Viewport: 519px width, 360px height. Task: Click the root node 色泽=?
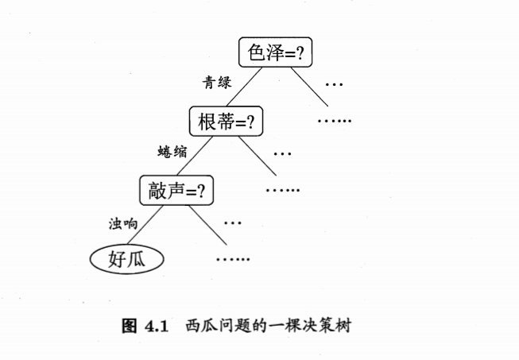(x=275, y=52)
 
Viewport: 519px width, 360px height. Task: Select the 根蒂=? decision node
(x=226, y=122)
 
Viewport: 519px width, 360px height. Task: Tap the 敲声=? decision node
(x=176, y=191)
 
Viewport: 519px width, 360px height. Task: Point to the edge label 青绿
(x=216, y=82)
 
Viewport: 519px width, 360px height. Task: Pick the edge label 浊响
(x=123, y=223)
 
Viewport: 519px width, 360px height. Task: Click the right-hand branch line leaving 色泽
(x=308, y=87)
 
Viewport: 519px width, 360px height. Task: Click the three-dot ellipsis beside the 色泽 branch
(x=334, y=84)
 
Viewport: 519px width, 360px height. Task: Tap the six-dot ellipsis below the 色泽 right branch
(x=334, y=121)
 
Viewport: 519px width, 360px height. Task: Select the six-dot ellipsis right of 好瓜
(x=233, y=259)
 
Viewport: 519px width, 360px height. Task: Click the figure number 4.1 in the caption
(x=157, y=327)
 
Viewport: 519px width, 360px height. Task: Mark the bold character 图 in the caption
(x=129, y=327)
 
